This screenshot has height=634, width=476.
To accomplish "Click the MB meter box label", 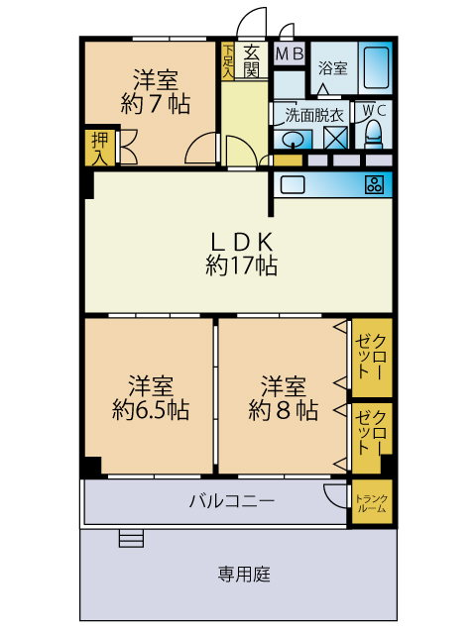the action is (x=290, y=53).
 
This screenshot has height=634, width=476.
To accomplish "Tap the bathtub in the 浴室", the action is (x=376, y=67).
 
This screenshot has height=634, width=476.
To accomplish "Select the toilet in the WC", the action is (x=373, y=135).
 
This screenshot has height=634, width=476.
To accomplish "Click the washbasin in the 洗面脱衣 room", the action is (x=294, y=140).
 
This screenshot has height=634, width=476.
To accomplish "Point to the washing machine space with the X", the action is (x=335, y=138).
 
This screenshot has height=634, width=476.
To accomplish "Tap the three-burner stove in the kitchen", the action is (x=374, y=185).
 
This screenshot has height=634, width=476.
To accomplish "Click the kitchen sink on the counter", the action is (x=293, y=185).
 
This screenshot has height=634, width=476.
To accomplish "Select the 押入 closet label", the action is (x=99, y=149).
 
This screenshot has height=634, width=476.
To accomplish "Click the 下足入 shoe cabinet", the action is (x=227, y=61).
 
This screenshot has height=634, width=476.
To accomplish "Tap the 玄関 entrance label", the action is (x=251, y=61).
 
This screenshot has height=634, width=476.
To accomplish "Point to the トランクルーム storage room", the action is (x=372, y=502).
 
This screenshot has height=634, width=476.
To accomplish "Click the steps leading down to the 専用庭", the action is (x=132, y=539).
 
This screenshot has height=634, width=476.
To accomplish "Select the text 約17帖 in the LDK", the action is (x=241, y=265).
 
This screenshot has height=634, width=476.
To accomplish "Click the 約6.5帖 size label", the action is (x=151, y=410).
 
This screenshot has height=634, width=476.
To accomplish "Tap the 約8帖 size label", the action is (x=283, y=410).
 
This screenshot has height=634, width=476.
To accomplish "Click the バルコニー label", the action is (x=232, y=501).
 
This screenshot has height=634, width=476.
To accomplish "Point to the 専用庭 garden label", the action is (x=244, y=575).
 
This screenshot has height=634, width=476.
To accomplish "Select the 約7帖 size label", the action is (x=156, y=104).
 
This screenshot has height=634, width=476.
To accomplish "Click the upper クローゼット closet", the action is (x=372, y=358).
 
